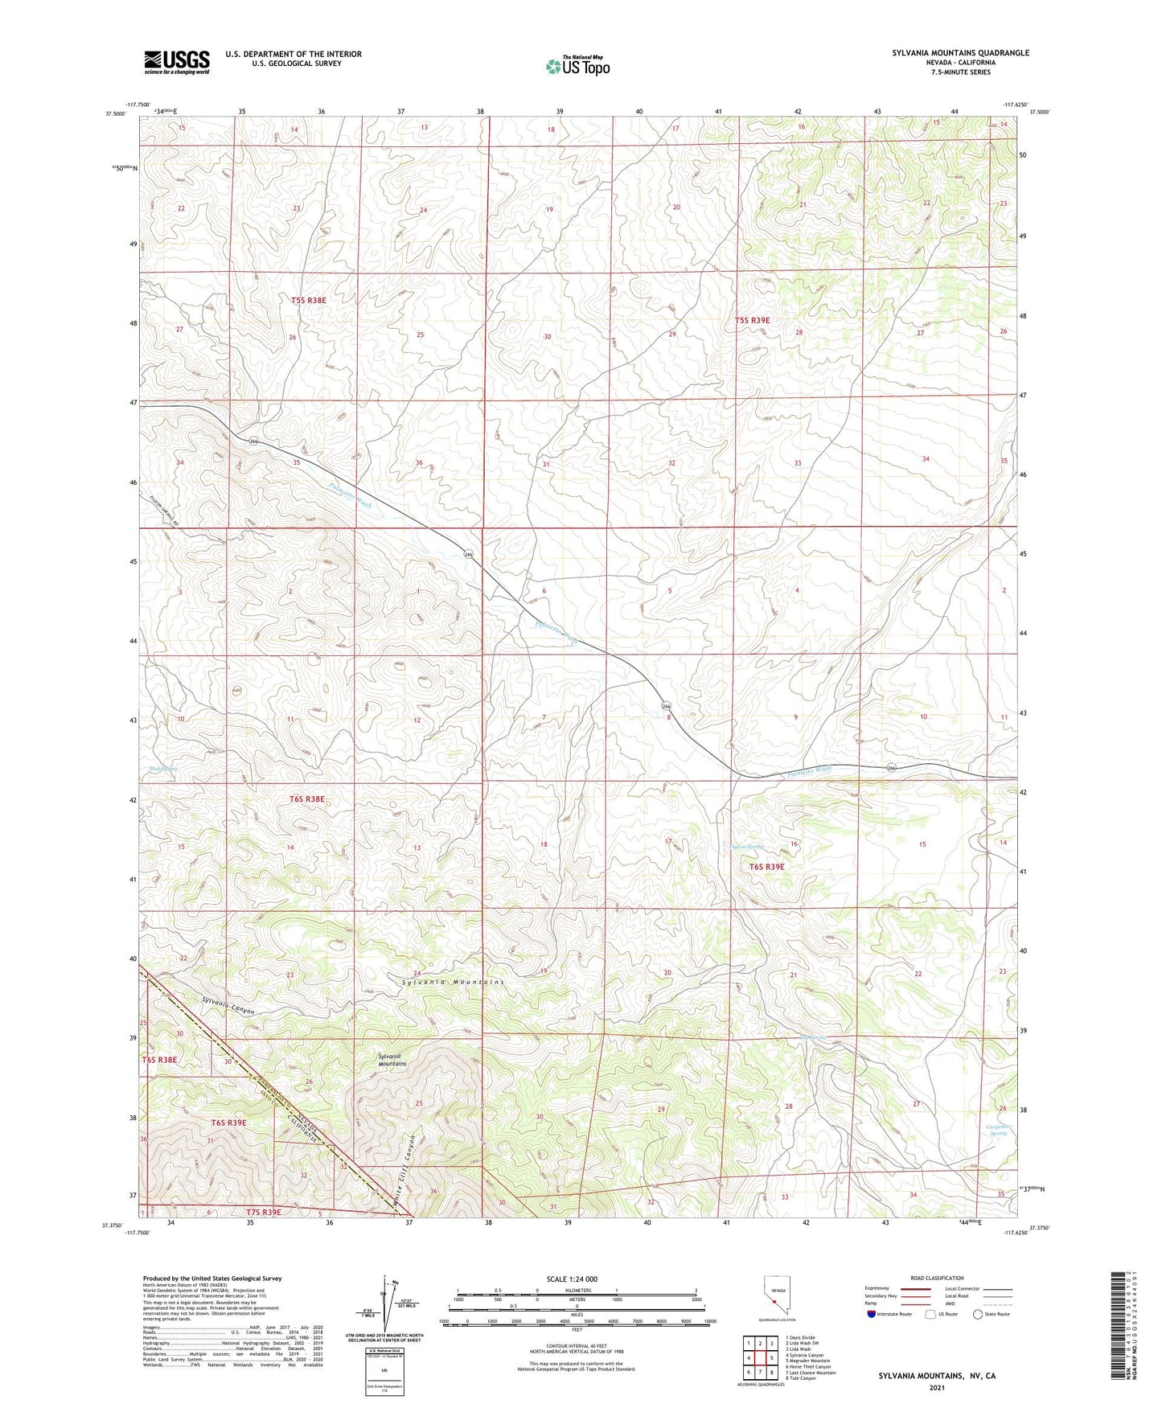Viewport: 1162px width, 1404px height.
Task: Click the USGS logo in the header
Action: (x=177, y=62)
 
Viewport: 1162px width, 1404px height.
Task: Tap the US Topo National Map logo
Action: (x=577, y=66)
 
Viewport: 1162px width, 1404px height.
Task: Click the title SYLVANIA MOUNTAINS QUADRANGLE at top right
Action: (x=960, y=53)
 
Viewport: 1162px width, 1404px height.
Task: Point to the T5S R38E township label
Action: (x=309, y=300)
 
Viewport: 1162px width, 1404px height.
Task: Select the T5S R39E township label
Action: (x=752, y=320)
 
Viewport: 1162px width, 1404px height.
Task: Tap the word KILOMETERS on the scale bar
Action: (x=577, y=1290)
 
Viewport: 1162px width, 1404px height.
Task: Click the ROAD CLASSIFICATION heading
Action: (x=937, y=1278)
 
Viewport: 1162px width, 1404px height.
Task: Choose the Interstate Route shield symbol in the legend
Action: (x=872, y=1314)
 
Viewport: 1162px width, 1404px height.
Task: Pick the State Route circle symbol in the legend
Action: (x=978, y=1314)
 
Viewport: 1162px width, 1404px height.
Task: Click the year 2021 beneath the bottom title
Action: (x=937, y=1387)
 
